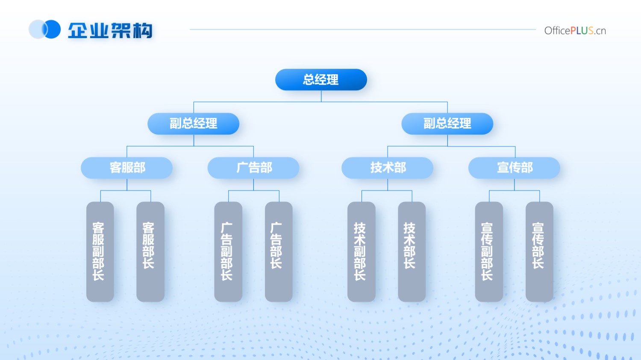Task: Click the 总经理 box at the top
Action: coord(321,79)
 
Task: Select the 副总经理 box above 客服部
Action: coord(194,123)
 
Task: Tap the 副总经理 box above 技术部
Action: coord(447,123)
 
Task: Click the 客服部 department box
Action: coord(127,168)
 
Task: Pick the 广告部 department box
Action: coord(253,168)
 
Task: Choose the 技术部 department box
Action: coord(388,168)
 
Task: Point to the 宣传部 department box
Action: coord(514,168)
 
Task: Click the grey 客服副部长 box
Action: coord(100,252)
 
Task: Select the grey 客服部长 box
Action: coord(150,252)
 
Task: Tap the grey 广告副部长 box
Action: coord(228,252)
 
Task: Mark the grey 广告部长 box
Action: coord(279,252)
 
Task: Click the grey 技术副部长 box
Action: coord(362,252)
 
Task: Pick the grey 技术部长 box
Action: coord(412,252)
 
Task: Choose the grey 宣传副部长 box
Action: coord(489,252)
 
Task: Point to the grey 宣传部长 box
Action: coord(539,252)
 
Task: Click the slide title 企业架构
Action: coord(110,30)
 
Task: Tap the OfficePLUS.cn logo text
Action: coord(575,31)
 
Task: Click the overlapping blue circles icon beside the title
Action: coord(44,29)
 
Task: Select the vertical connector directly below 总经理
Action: coord(321,96)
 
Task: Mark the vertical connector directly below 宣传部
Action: coord(514,185)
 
